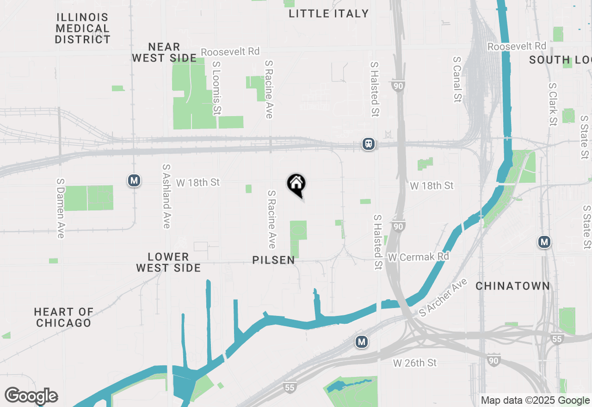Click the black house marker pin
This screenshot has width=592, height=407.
click(296, 185)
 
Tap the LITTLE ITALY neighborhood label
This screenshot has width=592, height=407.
click(328, 13)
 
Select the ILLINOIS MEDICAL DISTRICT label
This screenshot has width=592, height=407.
click(83, 29)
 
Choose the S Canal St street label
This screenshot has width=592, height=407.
click(457, 80)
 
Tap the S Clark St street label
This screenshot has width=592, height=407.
click(552, 105)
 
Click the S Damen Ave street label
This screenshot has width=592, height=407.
click(60, 209)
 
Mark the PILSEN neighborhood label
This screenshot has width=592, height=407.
click(274, 260)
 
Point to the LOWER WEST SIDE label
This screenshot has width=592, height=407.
click(168, 262)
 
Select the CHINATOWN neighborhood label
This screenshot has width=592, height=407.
click(513, 286)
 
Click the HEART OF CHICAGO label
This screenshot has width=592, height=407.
click(63, 317)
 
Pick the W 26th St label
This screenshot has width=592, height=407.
click(415, 363)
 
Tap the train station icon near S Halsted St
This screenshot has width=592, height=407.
click(369, 144)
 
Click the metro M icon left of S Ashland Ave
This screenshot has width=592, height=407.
click(134, 180)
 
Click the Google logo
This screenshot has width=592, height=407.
click(31, 395)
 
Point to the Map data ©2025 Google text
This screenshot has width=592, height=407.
click(535, 401)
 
